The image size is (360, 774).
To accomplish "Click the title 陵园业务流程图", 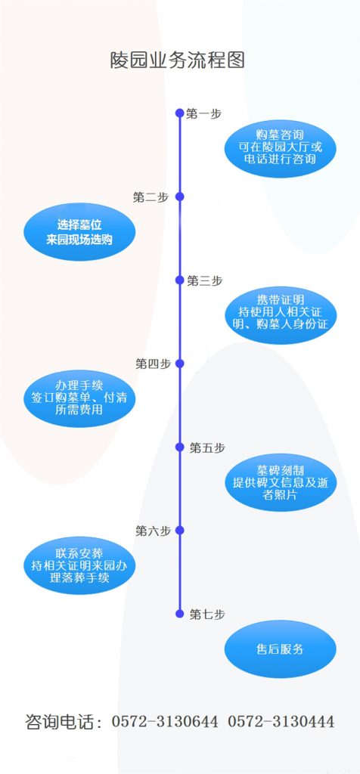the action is pos(178,60).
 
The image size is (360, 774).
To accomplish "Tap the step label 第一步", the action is pos(204,113).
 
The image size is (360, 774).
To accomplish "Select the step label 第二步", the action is pos(151,197).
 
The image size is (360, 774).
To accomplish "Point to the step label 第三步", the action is pos(204,280).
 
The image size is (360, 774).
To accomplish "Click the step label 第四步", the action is pos(153,364).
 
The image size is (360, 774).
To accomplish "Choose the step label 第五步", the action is pos(207,447).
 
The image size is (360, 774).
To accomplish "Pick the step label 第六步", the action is pos(153,531).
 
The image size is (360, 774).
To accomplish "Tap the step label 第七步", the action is pos(207,614).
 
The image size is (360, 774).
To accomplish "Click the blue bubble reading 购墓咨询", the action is pos(280,149).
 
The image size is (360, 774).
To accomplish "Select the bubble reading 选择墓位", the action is pos(79,231).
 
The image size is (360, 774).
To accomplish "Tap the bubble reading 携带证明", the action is pos(280,315).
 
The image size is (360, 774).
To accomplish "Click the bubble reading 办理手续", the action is pos(79,398).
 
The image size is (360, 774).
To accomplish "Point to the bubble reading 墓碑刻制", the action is pos(280,481).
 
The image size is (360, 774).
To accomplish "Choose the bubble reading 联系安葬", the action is pos(79,565).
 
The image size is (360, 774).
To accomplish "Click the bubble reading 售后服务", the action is pos(280,649).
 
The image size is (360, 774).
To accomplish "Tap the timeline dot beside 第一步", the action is pos(180,113).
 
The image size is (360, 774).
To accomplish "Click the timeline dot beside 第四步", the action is pos(180,364).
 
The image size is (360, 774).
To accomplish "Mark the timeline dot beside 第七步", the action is pos(180,614).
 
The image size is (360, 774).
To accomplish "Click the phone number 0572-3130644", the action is pos(164,722).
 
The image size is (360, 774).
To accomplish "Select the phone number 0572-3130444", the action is pos(281,722).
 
